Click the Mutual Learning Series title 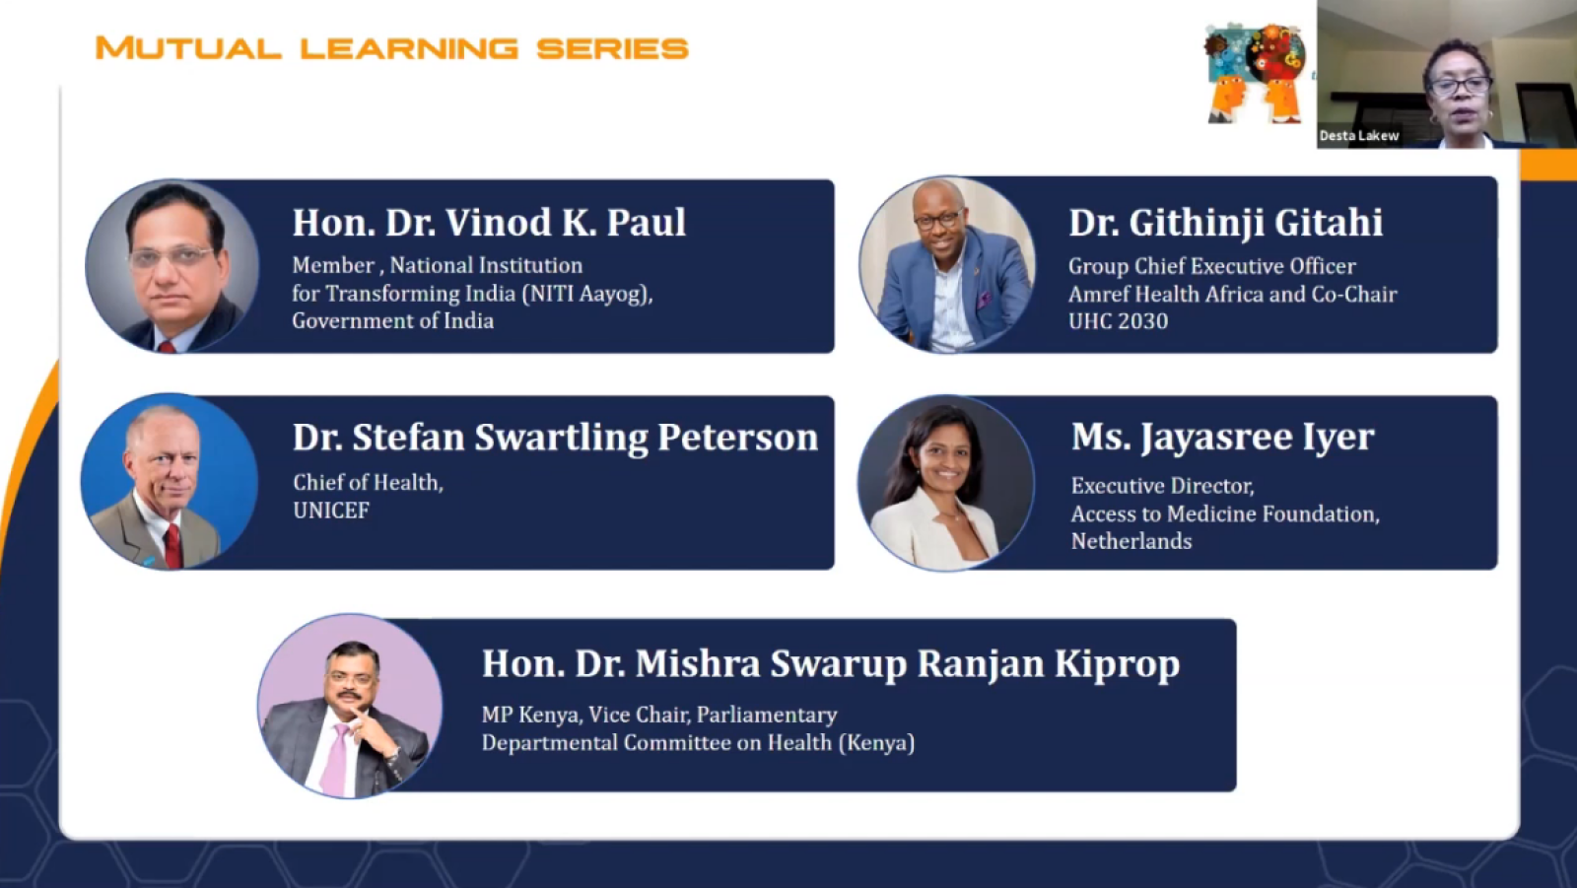tap(391, 48)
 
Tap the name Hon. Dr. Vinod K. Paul tap(489, 223)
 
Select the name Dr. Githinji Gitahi tap(1226, 223)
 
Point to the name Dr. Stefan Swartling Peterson tap(556, 438)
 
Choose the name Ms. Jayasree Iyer tap(1223, 438)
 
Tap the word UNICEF tap(331, 511)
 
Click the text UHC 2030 tap(1118, 321)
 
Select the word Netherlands tap(1131, 541)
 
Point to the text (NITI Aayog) tap(587, 294)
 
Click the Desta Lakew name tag tap(1359, 136)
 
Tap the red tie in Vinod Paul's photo tap(167, 347)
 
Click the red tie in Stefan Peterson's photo tap(173, 546)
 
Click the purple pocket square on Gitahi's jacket tap(984, 300)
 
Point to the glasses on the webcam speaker tap(1460, 87)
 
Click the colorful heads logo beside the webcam tap(1255, 73)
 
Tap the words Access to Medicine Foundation tap(1225, 514)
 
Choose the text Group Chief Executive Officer tap(1211, 266)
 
